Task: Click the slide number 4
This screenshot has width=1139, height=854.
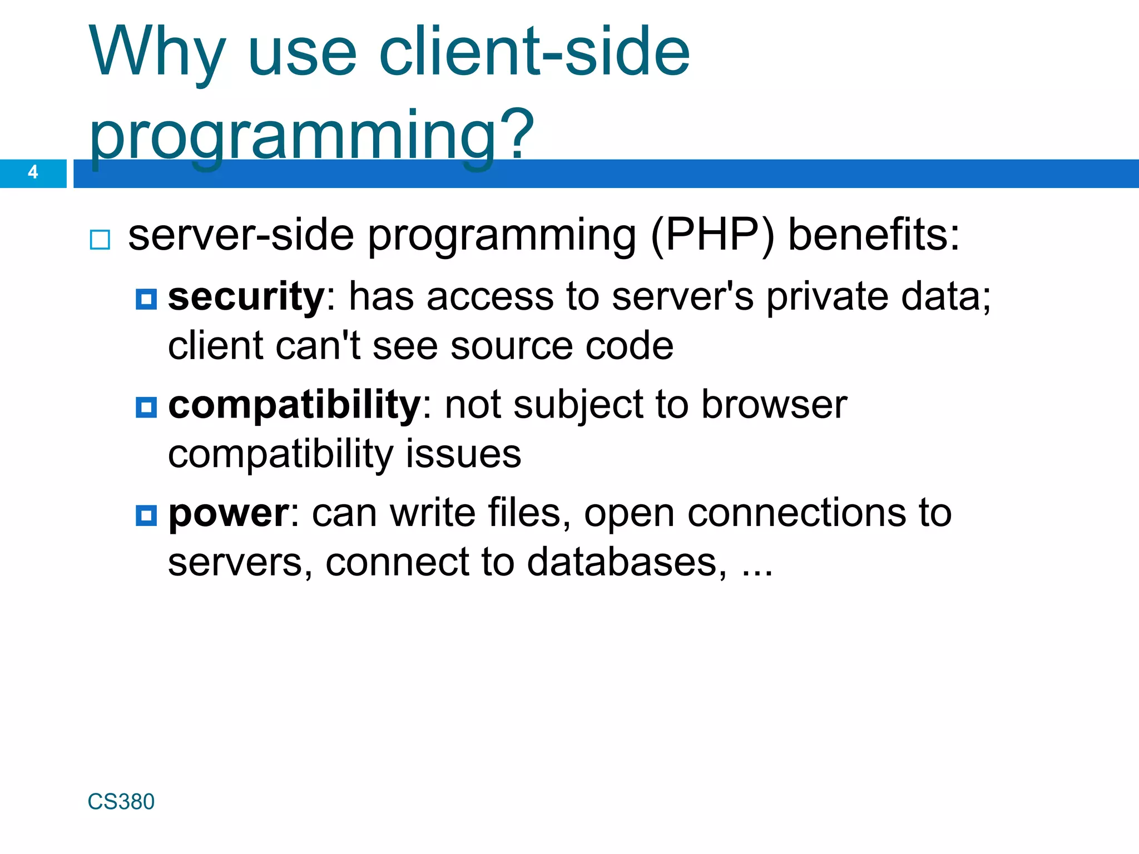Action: tap(33, 172)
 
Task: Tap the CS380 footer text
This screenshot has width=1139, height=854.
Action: tap(121, 802)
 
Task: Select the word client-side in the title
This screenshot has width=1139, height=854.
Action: tap(534, 52)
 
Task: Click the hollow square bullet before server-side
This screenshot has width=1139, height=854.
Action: tap(100, 240)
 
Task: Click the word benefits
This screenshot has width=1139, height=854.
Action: tap(874, 235)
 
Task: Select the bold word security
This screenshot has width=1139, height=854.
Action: tap(246, 296)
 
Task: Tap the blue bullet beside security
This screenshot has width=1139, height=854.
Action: tap(146, 299)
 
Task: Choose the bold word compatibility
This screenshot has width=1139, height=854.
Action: tap(294, 405)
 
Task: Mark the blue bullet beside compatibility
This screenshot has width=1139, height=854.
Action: tap(146, 408)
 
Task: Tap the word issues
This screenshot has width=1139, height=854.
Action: tap(463, 454)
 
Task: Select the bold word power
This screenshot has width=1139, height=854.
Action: tap(229, 513)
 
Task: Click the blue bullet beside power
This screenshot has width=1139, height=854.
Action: tap(146, 515)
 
